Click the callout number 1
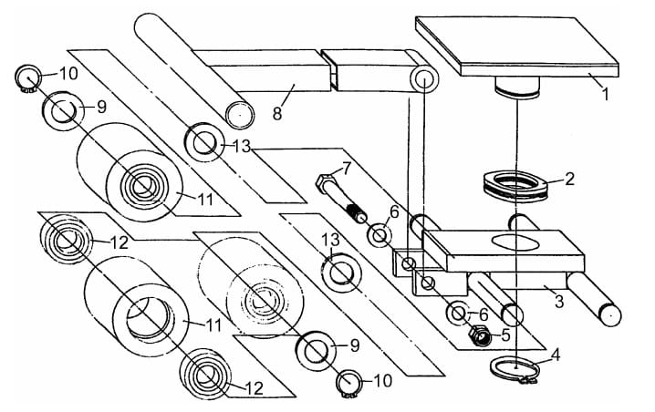pos(605,94)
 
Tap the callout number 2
pos(569,179)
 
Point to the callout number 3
pos(560,301)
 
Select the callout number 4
pos(556,355)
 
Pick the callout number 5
pos(505,335)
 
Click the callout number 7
pos(348,169)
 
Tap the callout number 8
pos(277,113)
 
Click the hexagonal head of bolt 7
pos(323,183)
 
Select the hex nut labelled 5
pos(480,335)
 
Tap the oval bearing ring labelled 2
pos(515,185)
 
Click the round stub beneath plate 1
pos(517,88)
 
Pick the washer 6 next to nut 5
pos(458,314)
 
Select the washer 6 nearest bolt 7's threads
pos(379,235)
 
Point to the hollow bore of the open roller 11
pos(149,317)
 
